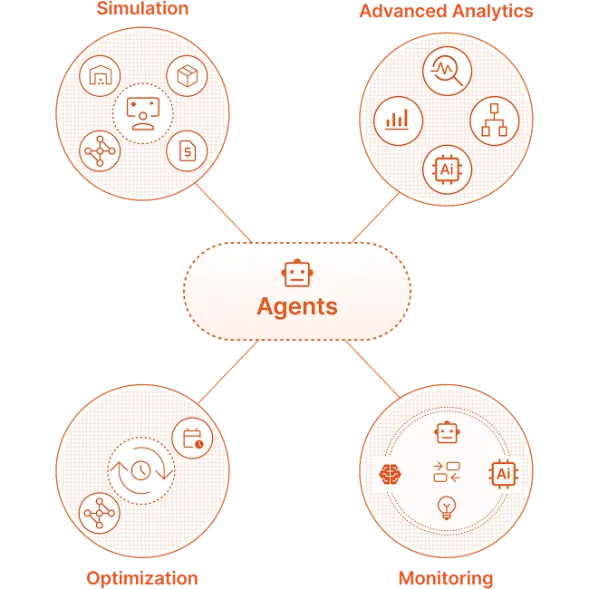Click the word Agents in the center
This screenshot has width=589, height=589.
pos(296,305)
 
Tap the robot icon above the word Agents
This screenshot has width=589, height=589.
pos(296,273)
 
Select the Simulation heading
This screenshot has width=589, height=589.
pos(142,9)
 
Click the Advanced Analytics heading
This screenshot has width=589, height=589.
pos(446,12)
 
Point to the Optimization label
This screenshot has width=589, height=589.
pos(142,578)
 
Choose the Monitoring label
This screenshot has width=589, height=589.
pos(446,578)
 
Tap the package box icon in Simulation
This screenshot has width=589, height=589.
pos(188,78)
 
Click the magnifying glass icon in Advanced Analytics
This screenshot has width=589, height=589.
pos(446,69)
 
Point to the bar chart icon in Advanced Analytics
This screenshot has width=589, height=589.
pos(397,120)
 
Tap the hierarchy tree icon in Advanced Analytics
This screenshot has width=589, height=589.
pos(494,120)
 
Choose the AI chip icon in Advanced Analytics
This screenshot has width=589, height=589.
pos(446,168)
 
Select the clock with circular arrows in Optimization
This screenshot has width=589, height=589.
pos(141,471)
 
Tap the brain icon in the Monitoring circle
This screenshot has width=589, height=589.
pos(391,472)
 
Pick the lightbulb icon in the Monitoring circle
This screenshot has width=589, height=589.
pos(446,507)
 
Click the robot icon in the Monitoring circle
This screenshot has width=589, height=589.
pos(446,433)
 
